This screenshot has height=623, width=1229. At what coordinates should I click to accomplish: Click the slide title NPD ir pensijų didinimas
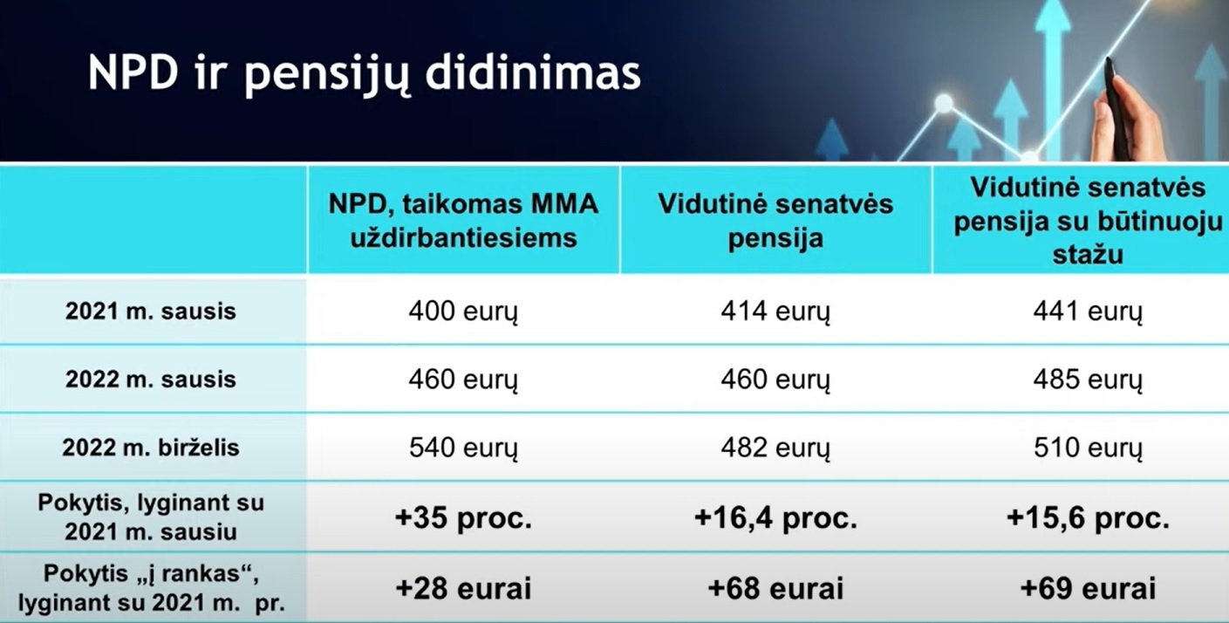click(365, 75)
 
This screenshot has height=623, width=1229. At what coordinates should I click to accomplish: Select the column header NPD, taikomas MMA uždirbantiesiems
click(464, 221)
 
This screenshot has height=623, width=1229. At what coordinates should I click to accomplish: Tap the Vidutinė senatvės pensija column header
click(775, 221)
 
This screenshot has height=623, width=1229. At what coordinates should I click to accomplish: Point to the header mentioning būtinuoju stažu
click(1088, 221)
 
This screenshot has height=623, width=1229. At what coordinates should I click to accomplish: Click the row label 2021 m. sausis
click(151, 311)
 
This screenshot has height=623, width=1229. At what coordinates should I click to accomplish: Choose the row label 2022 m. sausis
click(151, 380)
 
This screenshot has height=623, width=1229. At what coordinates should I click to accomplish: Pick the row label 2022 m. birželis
click(151, 448)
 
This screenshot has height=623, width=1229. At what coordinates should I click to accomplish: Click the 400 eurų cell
click(464, 311)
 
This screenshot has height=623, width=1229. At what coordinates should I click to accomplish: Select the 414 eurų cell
click(775, 311)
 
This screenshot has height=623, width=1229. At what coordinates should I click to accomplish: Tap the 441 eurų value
click(1088, 311)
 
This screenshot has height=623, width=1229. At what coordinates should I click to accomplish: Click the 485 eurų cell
click(1088, 380)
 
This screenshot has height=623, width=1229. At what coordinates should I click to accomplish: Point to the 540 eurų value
click(464, 448)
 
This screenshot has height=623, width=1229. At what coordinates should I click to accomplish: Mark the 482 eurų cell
click(775, 448)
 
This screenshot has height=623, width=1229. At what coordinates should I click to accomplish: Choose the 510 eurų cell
click(1088, 448)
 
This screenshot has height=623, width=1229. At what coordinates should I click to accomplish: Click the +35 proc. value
click(464, 517)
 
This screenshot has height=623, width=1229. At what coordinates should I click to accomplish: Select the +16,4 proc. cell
click(775, 517)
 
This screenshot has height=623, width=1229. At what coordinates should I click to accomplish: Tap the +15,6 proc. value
click(1088, 517)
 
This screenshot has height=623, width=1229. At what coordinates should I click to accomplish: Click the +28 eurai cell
click(464, 588)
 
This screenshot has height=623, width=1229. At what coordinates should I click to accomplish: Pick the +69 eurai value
click(1088, 588)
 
